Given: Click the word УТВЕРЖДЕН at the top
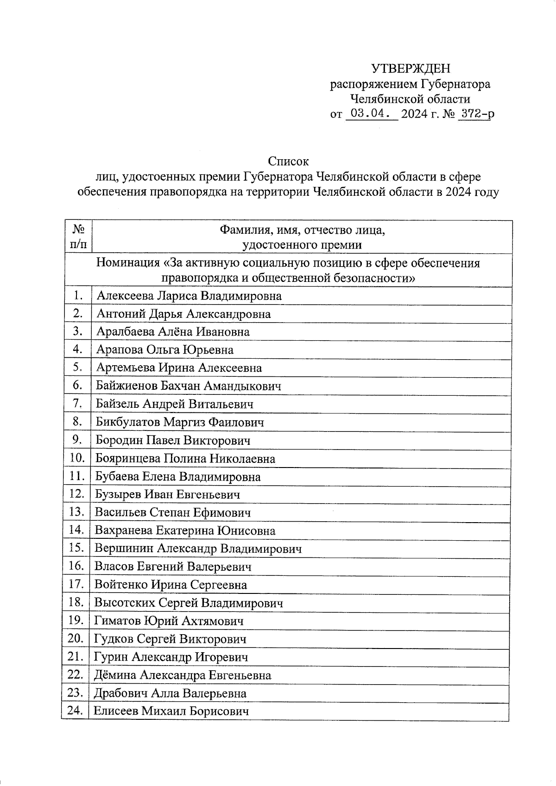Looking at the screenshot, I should [411, 69].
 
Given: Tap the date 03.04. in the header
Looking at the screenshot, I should [369, 113].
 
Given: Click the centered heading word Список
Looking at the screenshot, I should [288, 161].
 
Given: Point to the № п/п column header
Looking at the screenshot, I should [79, 237].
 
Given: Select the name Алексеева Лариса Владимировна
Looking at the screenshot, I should [189, 296].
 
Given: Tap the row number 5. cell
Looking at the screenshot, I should [77, 368].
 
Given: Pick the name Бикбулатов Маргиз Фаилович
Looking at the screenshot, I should [180, 422].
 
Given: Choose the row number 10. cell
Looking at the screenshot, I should [77, 458].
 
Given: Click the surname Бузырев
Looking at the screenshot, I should [118, 494].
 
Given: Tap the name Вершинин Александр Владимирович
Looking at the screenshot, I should [198, 549].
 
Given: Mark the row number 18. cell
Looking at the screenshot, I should [76, 602].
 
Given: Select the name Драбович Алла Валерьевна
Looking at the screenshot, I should [170, 693].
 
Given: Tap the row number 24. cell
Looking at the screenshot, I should [75, 711].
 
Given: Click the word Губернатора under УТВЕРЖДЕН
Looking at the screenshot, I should [455, 84].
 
